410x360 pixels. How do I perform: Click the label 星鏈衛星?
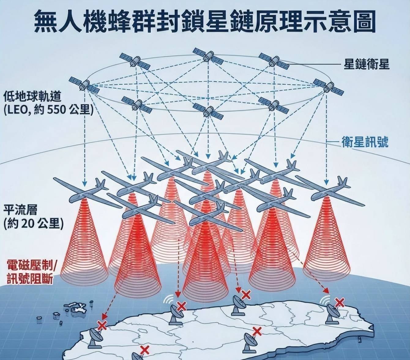point(367,64)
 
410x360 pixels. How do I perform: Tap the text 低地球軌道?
point(32,97)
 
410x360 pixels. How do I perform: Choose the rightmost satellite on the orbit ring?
point(328,87)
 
